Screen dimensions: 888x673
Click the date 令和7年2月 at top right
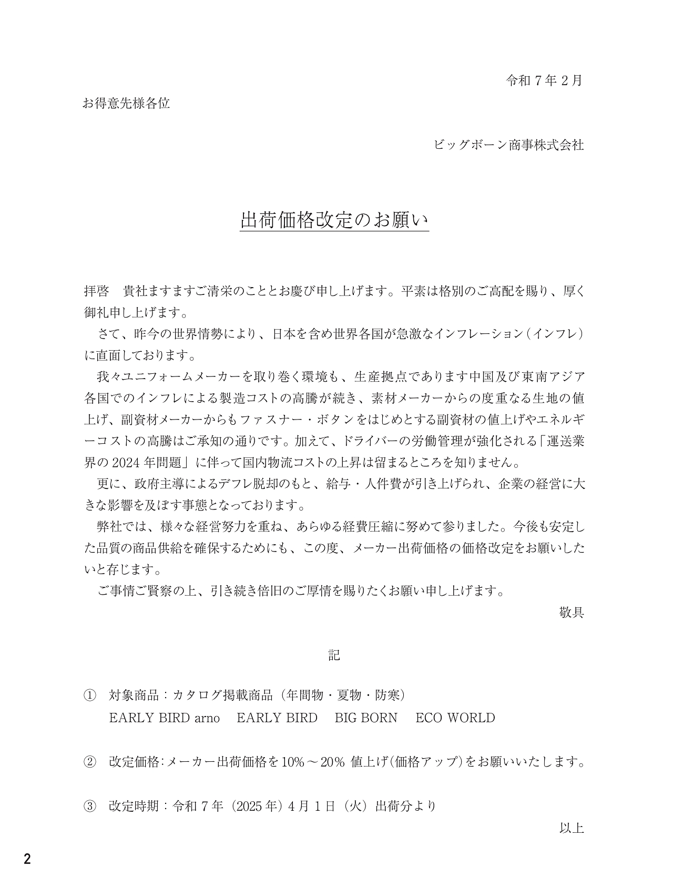coord(544,80)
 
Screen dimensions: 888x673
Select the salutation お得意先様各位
coord(126,103)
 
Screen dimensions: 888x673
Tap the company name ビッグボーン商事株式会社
coord(508,145)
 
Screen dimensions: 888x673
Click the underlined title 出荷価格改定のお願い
coord(334,220)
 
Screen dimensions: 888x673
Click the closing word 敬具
coord(572,613)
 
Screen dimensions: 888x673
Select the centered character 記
coord(334,655)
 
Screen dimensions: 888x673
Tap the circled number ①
coord(90,695)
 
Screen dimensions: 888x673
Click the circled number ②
coord(90,761)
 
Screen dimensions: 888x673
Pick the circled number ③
coord(90,805)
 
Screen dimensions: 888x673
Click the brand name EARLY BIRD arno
coord(164,718)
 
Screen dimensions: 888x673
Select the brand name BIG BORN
coord(366,718)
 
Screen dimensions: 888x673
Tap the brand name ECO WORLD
coord(455,718)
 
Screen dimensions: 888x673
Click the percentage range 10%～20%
coord(313,762)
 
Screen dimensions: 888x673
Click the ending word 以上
coord(572,828)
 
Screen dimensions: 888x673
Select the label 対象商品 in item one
coord(134,695)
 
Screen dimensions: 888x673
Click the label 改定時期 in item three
coord(134,805)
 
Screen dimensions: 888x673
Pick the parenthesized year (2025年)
coord(250,805)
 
